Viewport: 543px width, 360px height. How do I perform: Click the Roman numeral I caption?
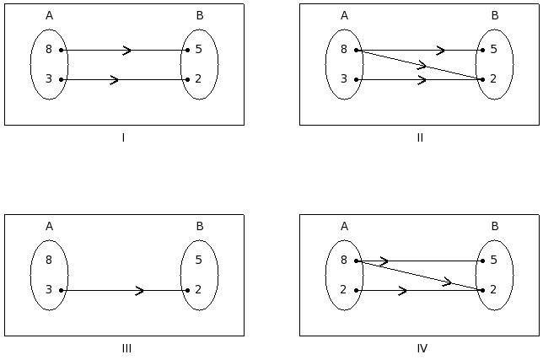pos(123,137)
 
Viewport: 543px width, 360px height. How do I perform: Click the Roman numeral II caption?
pos(420,137)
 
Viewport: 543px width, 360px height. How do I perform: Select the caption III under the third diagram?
pos(126,348)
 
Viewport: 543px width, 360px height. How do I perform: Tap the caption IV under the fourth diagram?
pos(422,348)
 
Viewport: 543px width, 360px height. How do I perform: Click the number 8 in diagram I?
pos(49,50)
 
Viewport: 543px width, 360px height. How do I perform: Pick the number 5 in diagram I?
pos(198,50)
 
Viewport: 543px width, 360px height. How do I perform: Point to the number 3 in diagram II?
pos(344,79)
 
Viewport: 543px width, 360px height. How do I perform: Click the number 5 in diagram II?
pos(493,50)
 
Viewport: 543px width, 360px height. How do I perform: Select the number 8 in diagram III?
pos(49,261)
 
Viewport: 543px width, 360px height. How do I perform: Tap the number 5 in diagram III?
pos(198,261)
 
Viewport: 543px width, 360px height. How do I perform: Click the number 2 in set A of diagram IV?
pos(344,290)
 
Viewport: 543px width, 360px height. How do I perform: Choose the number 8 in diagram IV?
pos(344,261)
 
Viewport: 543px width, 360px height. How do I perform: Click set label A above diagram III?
pos(49,226)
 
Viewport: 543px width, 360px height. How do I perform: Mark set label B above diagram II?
pos(494,15)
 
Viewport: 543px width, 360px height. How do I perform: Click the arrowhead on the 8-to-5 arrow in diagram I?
pos(127,50)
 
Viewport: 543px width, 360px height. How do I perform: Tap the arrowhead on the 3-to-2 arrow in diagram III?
pos(140,290)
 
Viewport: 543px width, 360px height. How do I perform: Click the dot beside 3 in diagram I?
pos(62,79)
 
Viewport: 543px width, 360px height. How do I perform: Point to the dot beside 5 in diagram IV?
pos(483,261)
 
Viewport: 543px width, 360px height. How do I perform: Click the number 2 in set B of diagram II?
pos(493,79)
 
